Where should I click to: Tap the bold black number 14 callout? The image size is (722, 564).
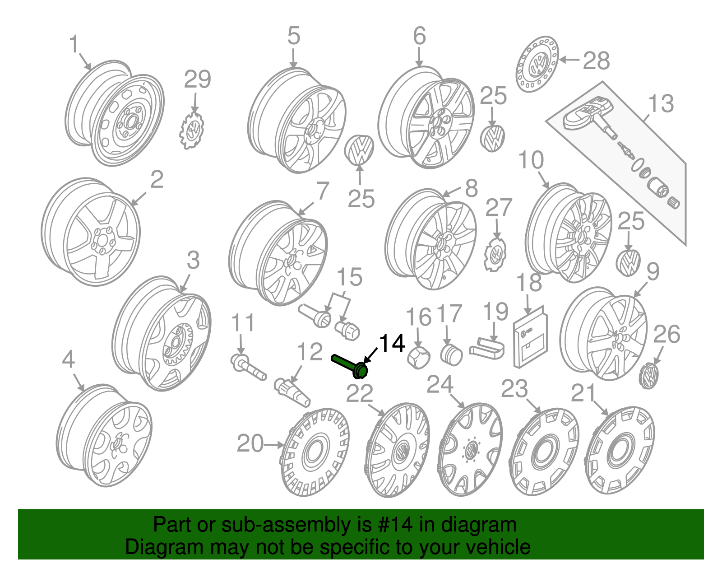392,344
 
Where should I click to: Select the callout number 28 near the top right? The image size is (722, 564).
596,61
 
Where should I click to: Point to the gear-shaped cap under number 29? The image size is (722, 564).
192,130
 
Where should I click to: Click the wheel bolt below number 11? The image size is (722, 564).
248,367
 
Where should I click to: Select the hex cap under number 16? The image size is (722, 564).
418,358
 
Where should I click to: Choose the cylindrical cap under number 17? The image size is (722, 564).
451,354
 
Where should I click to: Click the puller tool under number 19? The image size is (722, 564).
487,348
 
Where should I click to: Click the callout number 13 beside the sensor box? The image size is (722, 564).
661,103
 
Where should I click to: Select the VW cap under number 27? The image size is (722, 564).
496,255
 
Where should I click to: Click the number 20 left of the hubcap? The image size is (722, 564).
250,443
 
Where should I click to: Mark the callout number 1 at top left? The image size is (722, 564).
74,45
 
